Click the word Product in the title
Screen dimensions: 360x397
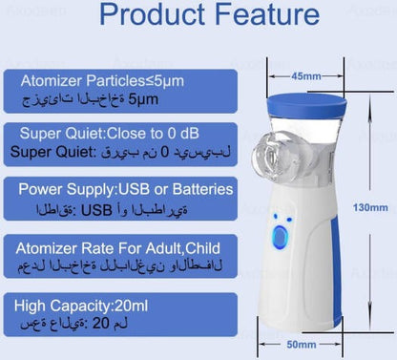click(x=151, y=16)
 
